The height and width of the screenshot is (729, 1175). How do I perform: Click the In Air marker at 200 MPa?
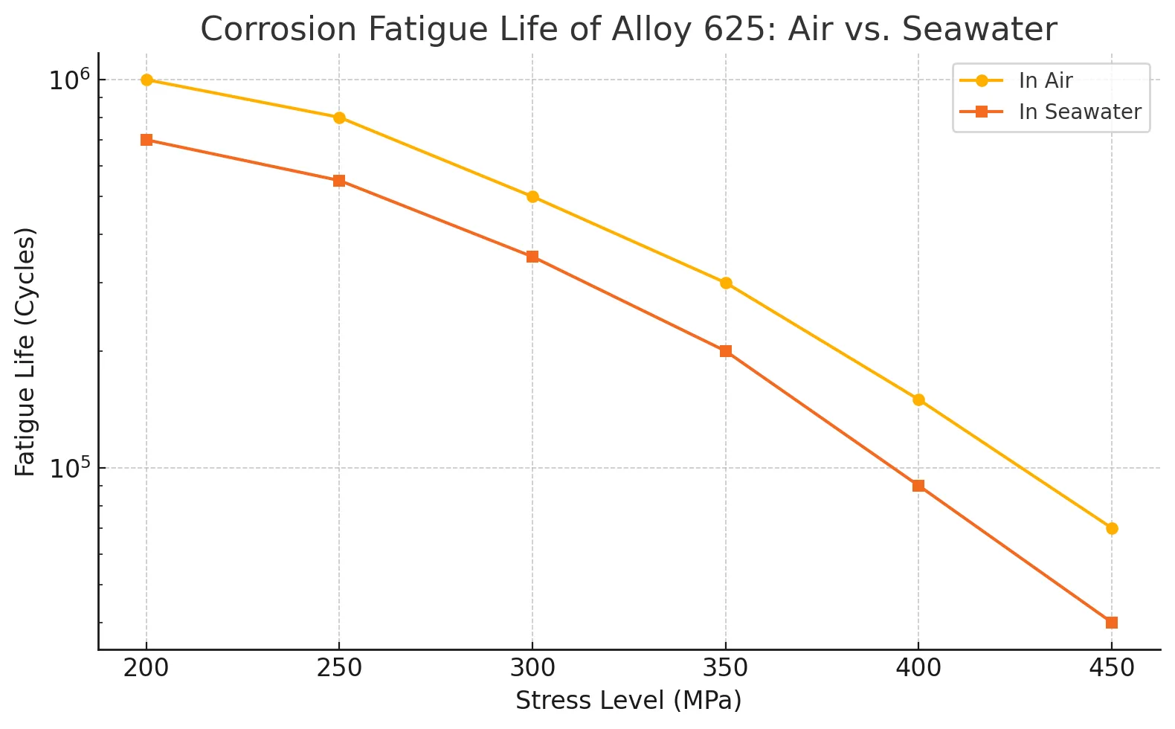[147, 80]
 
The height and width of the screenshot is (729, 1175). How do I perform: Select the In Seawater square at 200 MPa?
[147, 140]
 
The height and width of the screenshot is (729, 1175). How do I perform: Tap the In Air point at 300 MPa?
[532, 197]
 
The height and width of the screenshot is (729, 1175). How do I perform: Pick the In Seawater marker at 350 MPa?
[726, 351]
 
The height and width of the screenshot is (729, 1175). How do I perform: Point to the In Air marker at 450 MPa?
[1112, 529]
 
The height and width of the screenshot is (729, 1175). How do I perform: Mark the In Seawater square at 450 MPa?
[1112, 623]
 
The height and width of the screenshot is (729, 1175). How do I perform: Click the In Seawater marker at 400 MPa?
[918, 486]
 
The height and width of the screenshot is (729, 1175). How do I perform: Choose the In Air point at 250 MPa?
[339, 118]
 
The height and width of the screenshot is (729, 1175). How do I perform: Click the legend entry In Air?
[1045, 80]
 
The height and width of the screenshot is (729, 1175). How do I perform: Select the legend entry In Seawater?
[1079, 112]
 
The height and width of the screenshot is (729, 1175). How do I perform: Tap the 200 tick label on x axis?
[147, 668]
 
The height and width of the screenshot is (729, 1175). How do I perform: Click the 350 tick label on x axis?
[726, 668]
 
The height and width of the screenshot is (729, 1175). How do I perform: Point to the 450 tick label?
[1112, 668]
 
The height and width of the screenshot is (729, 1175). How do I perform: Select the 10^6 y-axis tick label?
[69, 80]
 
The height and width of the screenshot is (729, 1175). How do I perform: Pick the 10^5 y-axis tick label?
[69, 468]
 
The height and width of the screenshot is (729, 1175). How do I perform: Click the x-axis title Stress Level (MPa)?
[628, 701]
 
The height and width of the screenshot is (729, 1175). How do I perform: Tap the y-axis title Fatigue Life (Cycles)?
[25, 352]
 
